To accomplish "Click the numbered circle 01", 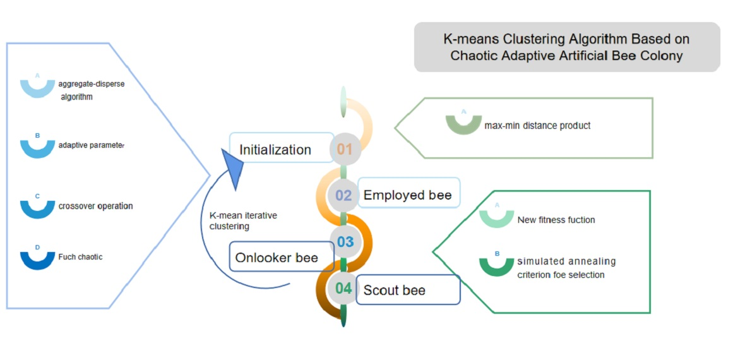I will click(x=344, y=150).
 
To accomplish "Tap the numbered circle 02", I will click(x=343, y=195).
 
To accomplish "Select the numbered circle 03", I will click(x=345, y=241).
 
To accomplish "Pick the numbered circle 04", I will click(x=343, y=289).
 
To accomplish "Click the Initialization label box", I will click(x=280, y=150).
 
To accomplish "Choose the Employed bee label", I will click(x=408, y=195).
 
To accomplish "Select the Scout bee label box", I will click(x=408, y=290).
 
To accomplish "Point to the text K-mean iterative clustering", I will click(x=242, y=220).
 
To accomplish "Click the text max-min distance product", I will click(x=537, y=126).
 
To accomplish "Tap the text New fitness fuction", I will click(x=556, y=220).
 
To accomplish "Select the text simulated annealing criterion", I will click(x=566, y=268).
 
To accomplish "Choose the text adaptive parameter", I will click(x=91, y=145).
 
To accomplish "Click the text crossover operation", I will click(x=95, y=206).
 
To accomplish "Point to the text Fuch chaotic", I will click(x=80, y=257).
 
